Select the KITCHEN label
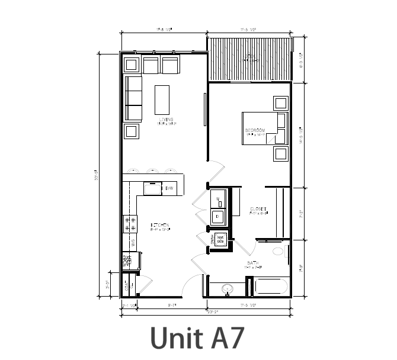160,224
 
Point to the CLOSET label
258,209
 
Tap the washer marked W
218,199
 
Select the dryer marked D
218,217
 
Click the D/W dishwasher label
169,188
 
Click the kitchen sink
153,188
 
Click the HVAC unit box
219,239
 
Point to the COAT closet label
127,287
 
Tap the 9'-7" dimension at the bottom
174,306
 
